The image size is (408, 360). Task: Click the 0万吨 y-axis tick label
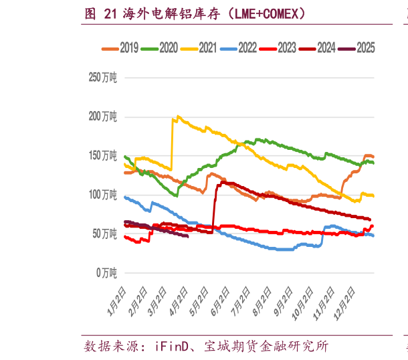pos(107,272)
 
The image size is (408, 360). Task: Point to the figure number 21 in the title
pos(111,13)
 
